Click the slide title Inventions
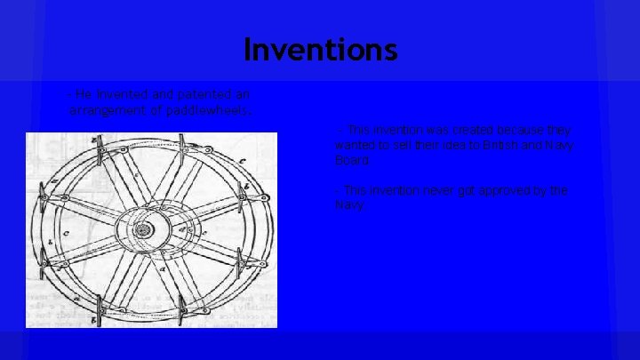320,49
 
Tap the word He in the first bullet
84,94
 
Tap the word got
471,191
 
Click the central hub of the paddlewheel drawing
142,230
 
